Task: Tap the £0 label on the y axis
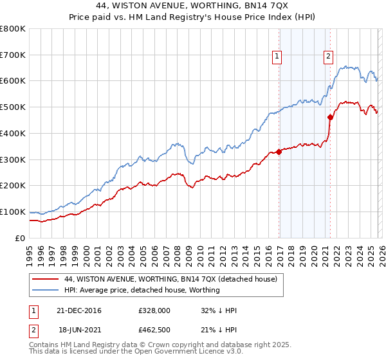click(20, 238)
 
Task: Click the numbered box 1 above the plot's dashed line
click(277, 57)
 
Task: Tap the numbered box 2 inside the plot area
click(328, 57)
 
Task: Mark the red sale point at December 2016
click(279, 152)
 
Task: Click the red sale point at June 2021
click(330, 117)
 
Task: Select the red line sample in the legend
click(46, 279)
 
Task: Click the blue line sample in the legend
click(46, 290)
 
